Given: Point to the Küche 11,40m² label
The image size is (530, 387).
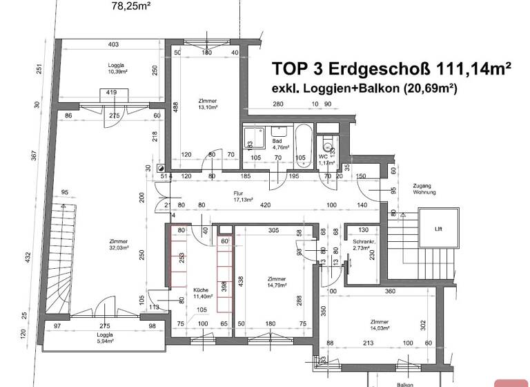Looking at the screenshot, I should click(201, 293).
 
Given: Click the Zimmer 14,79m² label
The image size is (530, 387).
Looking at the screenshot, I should click(277, 282).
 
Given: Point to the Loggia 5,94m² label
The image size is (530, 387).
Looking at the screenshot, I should click(104, 339).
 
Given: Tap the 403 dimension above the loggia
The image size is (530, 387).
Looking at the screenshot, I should click(113, 45).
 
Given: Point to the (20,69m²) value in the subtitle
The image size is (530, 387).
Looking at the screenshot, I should click(431, 88).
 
